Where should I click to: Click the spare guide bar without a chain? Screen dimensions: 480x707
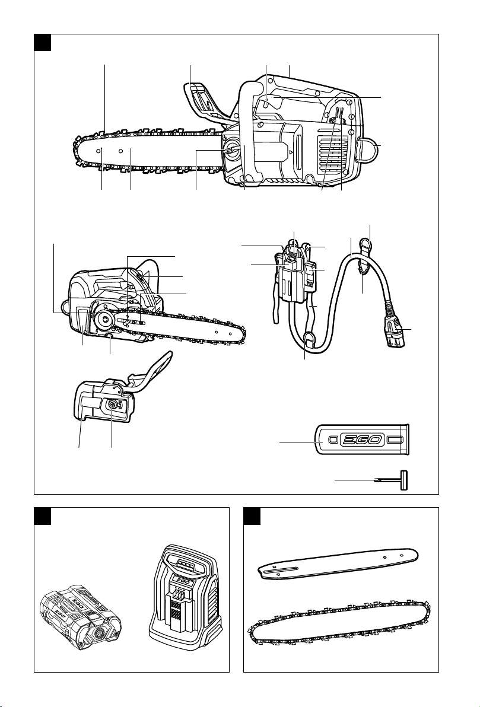click(x=338, y=562)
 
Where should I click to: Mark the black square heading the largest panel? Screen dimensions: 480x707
click(x=42, y=42)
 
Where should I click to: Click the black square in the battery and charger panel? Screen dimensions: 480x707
click(x=42, y=516)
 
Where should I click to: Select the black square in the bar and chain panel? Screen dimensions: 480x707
click(x=252, y=516)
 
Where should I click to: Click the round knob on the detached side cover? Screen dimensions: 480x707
click(x=112, y=405)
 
